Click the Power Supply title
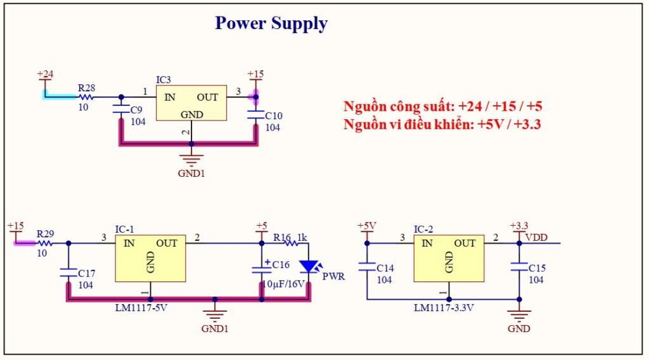tap(271, 23)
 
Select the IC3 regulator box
tap(191, 103)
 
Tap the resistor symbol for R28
tap(86, 97)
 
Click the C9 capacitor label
tap(136, 110)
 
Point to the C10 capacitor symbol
tap(256, 114)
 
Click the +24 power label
tap(45, 74)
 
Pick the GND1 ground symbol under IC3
tap(191, 160)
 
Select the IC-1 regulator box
tap(150, 258)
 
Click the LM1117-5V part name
tap(141, 308)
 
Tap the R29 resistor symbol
tap(45, 243)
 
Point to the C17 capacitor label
tap(86, 274)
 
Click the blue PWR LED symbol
tap(309, 266)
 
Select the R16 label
tap(282, 238)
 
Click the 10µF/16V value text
tap(283, 285)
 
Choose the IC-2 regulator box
tap(449, 258)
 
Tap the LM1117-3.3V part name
tap(444, 308)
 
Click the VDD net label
tap(536, 238)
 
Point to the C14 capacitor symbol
tap(367, 266)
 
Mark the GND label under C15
tap(519, 328)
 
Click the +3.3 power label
tap(519, 226)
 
